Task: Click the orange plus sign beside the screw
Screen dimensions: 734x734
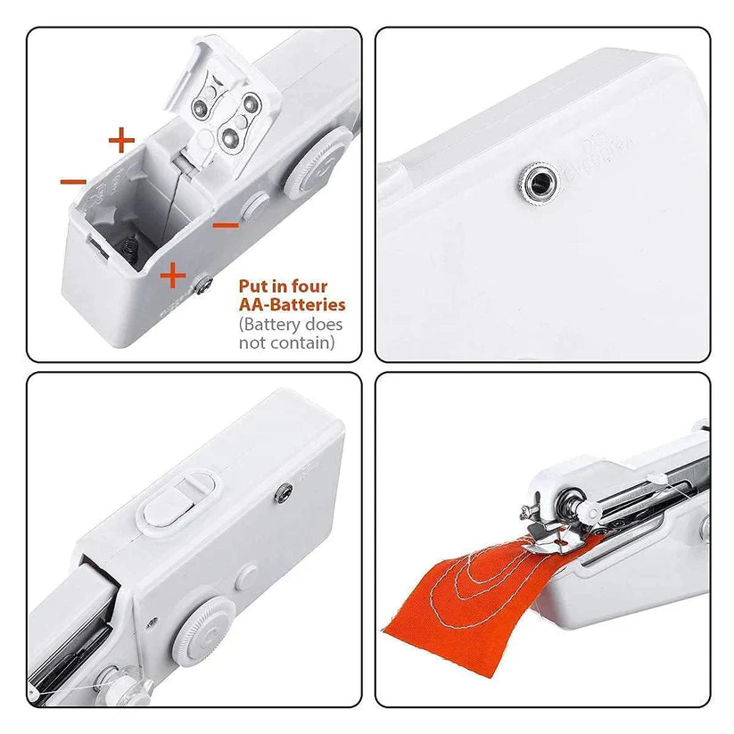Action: (x=172, y=276)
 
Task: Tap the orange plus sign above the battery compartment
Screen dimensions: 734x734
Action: (x=121, y=140)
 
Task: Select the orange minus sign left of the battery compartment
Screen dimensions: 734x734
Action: (x=73, y=182)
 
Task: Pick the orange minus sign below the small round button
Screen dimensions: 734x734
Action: (x=227, y=225)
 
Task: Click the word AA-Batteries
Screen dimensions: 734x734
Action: (x=291, y=305)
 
